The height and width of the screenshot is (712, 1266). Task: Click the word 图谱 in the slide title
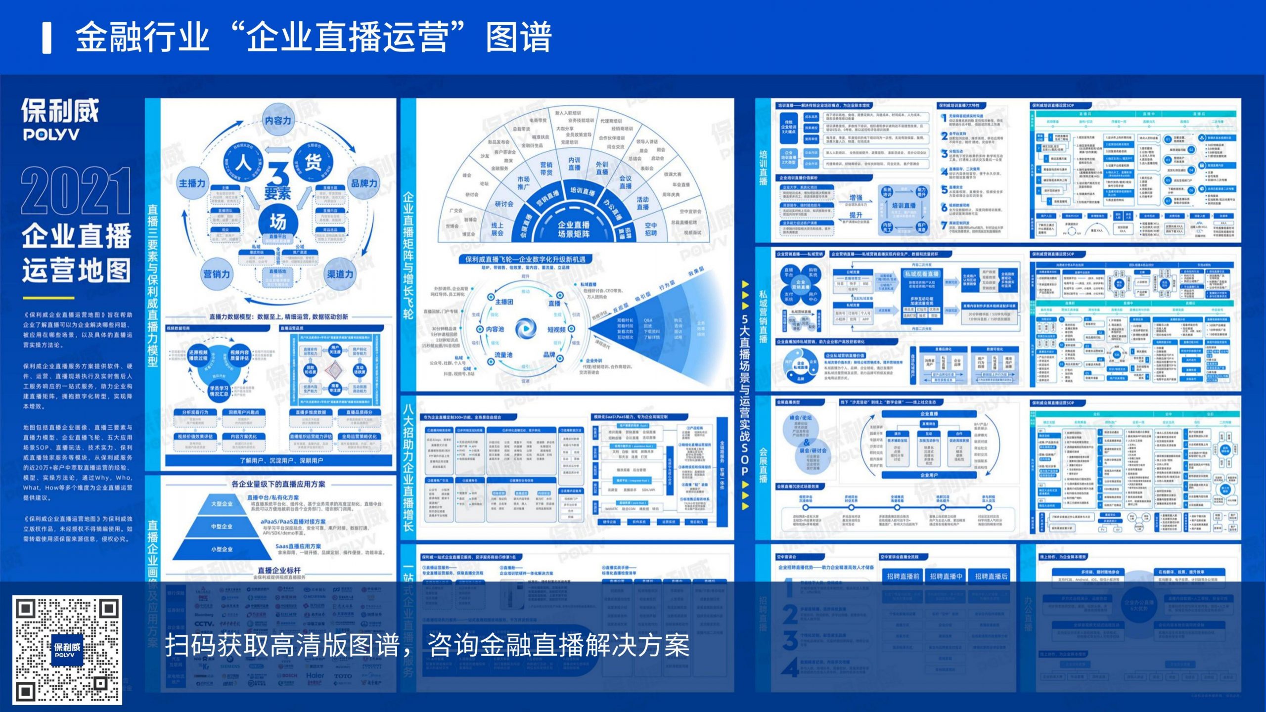(518, 37)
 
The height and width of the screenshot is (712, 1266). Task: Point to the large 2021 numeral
(76, 191)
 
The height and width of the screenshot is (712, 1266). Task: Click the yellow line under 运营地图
(48, 298)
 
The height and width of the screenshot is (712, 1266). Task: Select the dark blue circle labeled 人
(243, 162)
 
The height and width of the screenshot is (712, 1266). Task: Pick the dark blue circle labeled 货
(313, 162)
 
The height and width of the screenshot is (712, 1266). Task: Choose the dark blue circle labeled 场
(277, 222)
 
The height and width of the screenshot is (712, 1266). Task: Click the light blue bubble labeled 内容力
(278, 120)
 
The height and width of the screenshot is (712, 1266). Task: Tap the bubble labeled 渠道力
(340, 274)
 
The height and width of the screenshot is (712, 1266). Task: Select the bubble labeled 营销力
(217, 274)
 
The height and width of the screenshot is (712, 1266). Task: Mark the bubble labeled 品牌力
(364, 183)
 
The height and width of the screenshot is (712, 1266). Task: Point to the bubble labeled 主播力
(192, 183)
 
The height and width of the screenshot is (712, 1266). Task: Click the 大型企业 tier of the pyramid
(222, 504)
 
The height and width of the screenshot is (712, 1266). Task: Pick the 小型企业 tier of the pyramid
(222, 549)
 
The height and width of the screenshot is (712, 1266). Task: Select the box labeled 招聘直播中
(946, 576)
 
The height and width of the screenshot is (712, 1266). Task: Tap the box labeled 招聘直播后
(991, 576)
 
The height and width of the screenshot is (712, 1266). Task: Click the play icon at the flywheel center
(525, 328)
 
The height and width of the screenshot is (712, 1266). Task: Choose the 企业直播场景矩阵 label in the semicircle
(574, 229)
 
